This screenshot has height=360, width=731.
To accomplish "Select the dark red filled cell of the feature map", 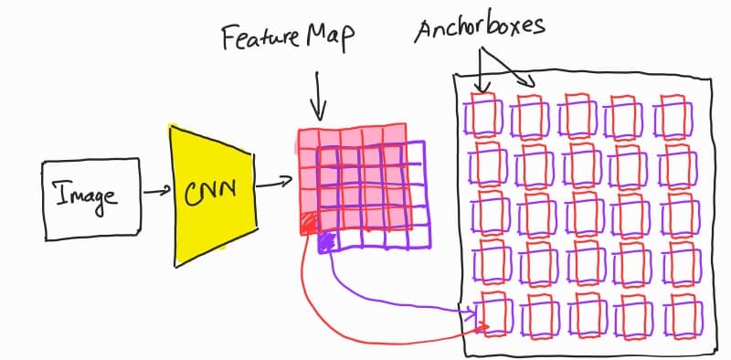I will tap(308, 222).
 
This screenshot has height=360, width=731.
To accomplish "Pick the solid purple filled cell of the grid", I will tap(326, 241).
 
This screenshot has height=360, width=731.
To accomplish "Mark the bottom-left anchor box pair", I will tap(489, 316).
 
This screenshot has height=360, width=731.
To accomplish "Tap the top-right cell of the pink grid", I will tap(392, 138).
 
